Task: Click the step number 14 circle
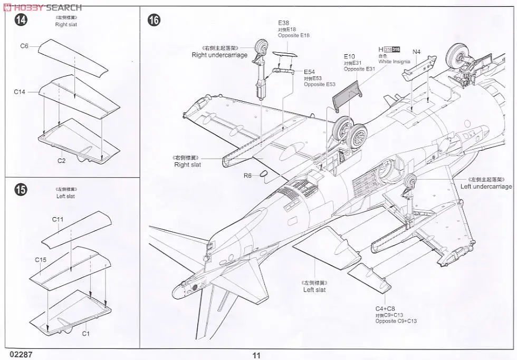point(21,21)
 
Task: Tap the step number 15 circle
point(21,190)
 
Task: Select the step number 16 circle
point(154,21)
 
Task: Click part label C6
point(24,46)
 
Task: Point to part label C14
point(20,92)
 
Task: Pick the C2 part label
point(61,160)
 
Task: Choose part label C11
point(58,219)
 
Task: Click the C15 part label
point(41,259)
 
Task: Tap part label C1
point(86,333)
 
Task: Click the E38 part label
point(284,23)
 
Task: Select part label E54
point(309,72)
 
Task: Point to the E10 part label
point(349,56)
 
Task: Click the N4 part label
point(416,52)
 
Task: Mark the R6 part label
point(247,176)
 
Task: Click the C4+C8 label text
point(385,308)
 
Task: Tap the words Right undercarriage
point(219,55)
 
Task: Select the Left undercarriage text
point(486,186)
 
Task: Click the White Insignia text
point(394,62)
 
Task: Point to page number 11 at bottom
point(256,355)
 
